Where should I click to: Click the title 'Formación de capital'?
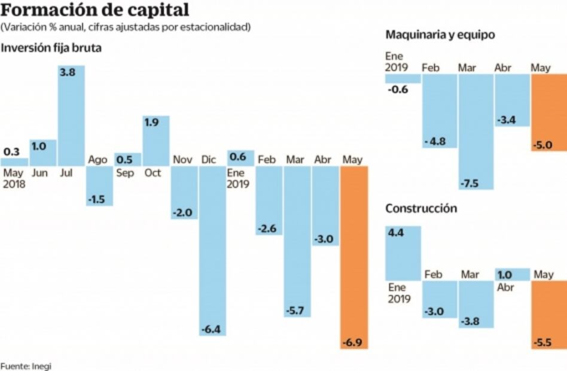(x=96, y=10)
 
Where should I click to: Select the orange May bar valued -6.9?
(x=354, y=257)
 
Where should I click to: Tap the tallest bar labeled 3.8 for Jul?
(x=71, y=115)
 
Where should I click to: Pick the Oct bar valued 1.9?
(x=156, y=141)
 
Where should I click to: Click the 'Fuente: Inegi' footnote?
(x=26, y=365)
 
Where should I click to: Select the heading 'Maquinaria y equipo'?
(x=440, y=35)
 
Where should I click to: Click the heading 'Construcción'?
(x=421, y=209)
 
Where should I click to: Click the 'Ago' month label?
(x=97, y=160)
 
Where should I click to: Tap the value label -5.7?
(x=297, y=310)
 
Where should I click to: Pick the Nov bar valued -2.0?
(x=184, y=192)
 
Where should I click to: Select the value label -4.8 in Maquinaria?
(x=440, y=142)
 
